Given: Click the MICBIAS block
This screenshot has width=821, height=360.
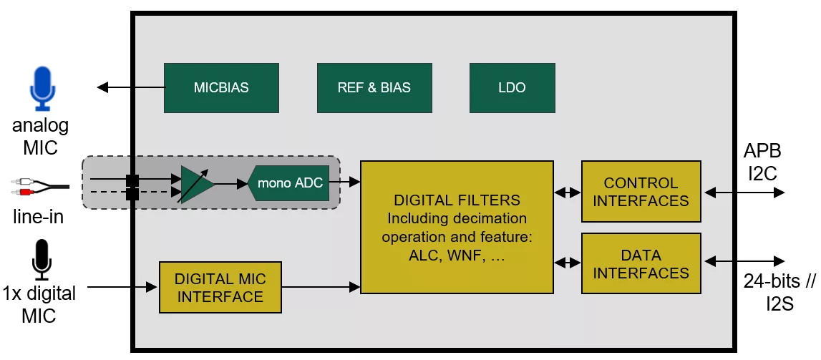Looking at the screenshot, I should (221, 88).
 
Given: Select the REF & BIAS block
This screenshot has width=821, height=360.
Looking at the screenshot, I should (374, 88).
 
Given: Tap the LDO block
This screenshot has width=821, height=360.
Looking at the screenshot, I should (512, 88).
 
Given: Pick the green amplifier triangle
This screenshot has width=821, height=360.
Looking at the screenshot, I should (195, 185).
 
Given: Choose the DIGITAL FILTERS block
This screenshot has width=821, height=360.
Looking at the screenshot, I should (457, 227).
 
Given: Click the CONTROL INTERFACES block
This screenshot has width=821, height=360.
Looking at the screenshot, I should (641, 192).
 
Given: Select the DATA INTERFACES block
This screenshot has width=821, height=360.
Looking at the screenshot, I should (641, 263).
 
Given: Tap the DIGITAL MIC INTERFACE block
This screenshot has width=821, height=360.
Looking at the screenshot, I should (220, 287).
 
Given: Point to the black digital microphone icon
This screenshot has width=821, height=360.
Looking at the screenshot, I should (42, 259).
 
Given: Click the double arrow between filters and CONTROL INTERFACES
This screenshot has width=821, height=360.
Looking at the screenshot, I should (567, 192).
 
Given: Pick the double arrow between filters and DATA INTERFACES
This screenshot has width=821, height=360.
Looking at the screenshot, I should (567, 263).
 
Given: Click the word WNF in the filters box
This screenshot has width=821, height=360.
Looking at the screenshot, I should (469, 255).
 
